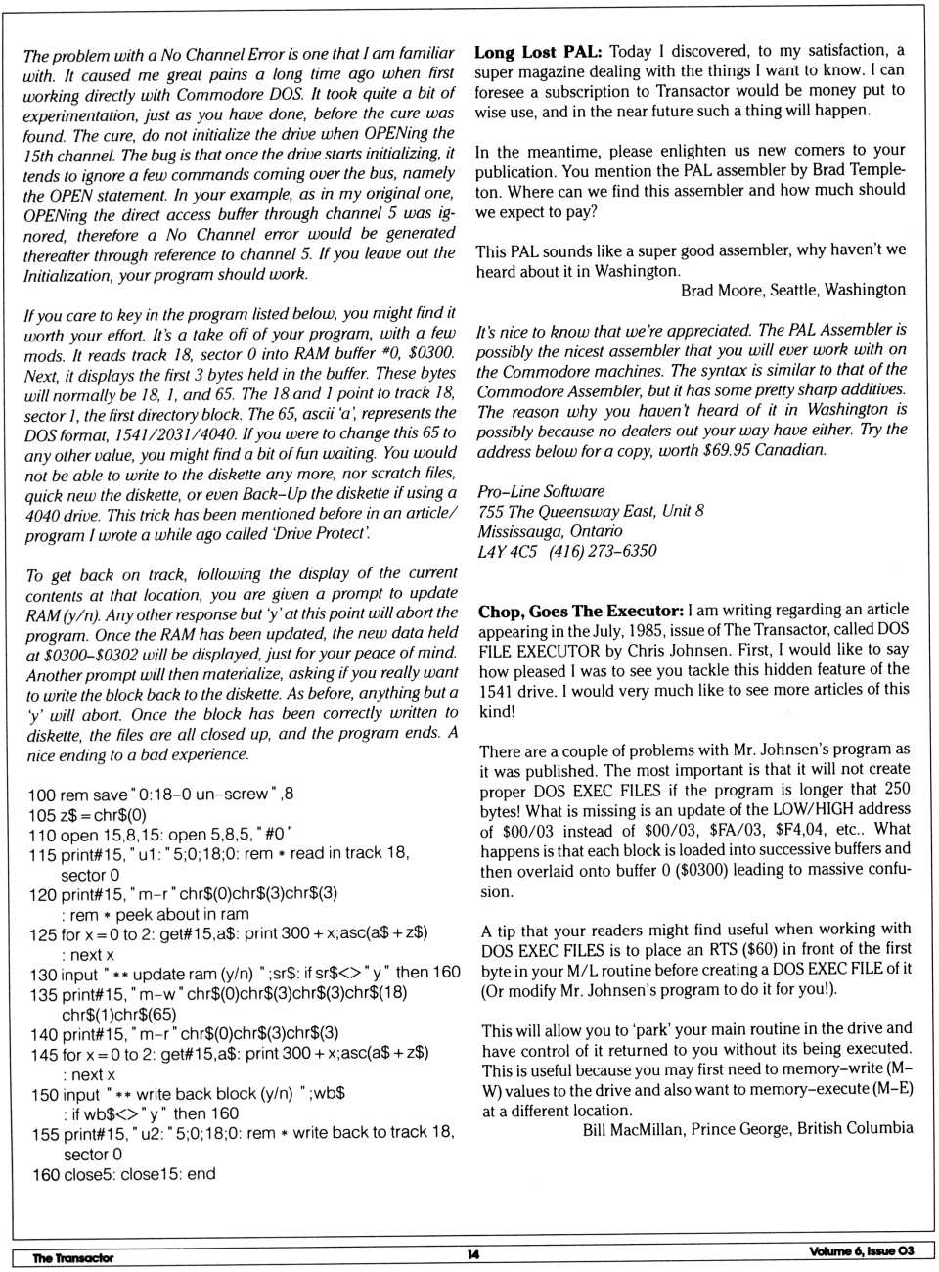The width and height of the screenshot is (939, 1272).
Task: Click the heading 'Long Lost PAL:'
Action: [x=538, y=52]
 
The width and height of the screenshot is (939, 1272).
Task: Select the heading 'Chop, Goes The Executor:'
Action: [x=581, y=612]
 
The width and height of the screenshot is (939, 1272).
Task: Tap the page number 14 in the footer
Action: [x=472, y=1254]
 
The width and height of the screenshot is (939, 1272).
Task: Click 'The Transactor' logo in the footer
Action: [x=72, y=1257]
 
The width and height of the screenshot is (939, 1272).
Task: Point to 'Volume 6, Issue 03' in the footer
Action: [x=861, y=1251]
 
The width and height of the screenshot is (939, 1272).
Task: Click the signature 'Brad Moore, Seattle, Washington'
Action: [x=792, y=290]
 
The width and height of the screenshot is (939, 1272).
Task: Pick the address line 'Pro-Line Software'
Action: [x=541, y=491]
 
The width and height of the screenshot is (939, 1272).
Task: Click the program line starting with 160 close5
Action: [x=123, y=1174]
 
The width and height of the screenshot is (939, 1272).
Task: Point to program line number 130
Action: [x=43, y=975]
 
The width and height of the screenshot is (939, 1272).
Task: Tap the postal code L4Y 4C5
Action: [x=507, y=551]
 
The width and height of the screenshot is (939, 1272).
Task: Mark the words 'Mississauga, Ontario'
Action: [x=550, y=531]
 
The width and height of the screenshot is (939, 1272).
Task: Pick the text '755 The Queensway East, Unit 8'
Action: [x=591, y=511]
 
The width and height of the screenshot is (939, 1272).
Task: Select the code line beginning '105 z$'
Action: [x=87, y=815]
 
